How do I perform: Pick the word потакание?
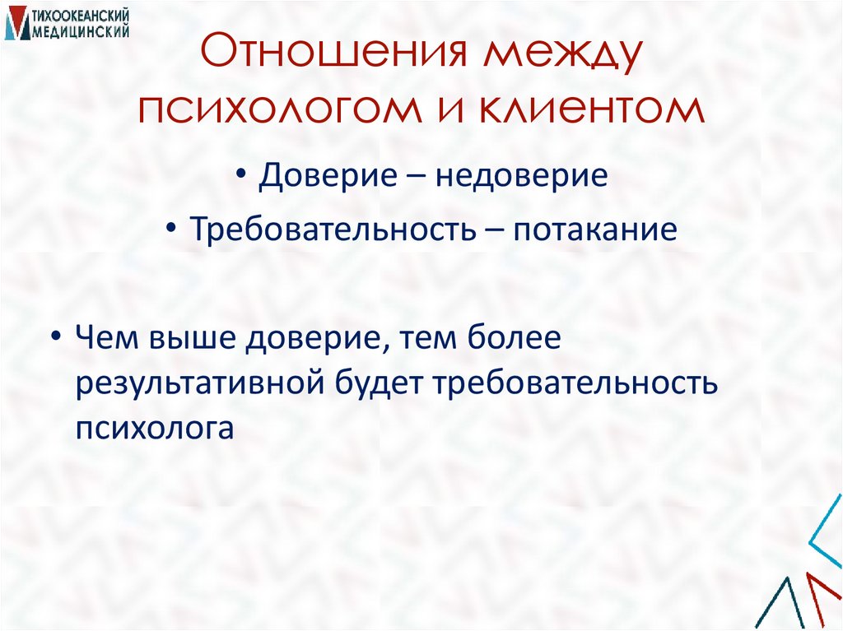click(595, 228)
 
